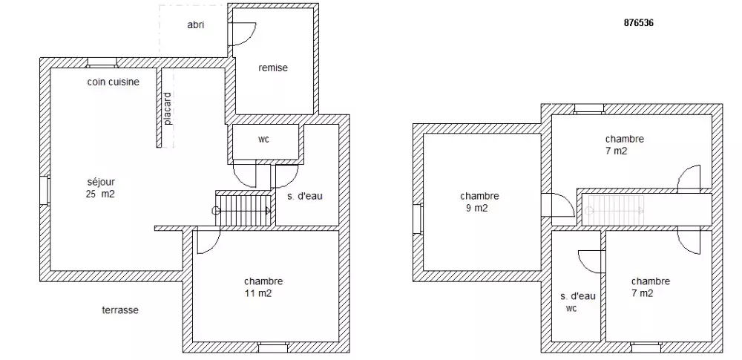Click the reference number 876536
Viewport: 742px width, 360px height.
tap(638, 23)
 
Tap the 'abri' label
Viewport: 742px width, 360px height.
tap(195, 25)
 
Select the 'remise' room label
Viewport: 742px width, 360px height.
tap(273, 68)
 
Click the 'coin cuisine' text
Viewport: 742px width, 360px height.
tap(113, 82)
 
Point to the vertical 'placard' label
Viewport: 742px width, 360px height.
tap(168, 108)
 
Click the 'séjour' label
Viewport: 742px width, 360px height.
tap(101, 182)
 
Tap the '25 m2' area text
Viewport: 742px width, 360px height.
tap(101, 194)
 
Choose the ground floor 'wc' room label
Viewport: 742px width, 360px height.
tap(263, 140)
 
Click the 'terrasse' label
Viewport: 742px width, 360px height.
tap(120, 310)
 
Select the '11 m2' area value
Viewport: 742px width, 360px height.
tap(258, 293)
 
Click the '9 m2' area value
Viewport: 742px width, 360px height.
tap(476, 208)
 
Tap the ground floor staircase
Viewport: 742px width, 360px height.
tap(243, 209)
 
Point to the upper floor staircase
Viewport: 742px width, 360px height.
tap(614, 210)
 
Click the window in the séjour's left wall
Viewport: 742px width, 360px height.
tap(45, 191)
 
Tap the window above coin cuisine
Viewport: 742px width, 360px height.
tap(102, 62)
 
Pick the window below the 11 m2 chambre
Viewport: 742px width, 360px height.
tap(273, 347)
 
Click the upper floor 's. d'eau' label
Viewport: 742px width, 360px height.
tap(578, 296)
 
